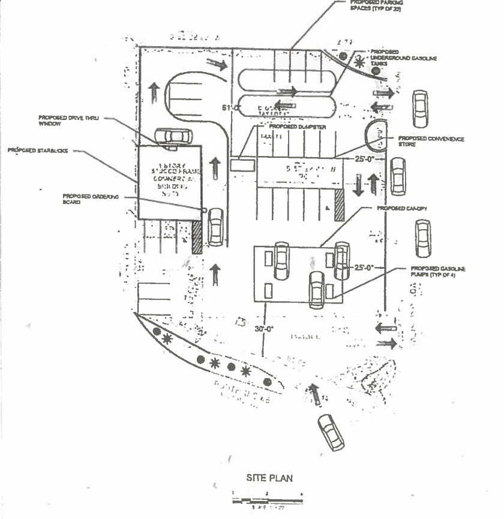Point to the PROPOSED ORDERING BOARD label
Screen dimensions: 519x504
point(88,199)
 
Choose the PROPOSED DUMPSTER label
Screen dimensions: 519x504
point(298,127)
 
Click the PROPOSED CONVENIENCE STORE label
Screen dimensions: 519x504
point(431,142)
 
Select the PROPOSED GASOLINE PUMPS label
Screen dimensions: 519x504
point(439,272)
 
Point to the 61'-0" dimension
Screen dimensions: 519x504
point(230,108)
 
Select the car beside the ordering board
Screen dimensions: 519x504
point(215,226)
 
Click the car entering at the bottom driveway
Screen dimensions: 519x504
point(331,432)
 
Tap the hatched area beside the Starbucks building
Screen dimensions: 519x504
point(197,237)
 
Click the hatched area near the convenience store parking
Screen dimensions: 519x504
point(339,204)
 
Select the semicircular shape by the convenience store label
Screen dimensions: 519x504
point(377,136)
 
